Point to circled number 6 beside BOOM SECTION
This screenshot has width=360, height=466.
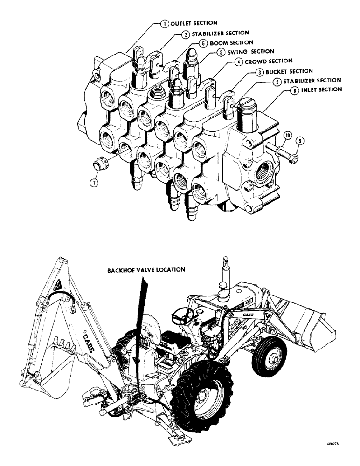203,42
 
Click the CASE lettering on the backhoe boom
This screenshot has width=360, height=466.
90,340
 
